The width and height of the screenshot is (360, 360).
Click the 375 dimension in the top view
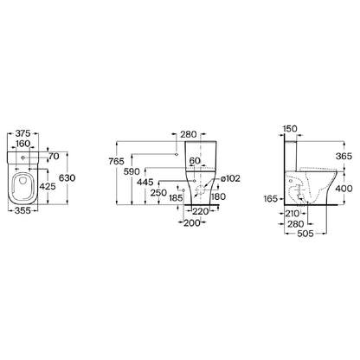(22, 133)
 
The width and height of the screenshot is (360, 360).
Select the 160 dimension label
(22, 144)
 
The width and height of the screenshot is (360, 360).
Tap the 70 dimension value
(54, 157)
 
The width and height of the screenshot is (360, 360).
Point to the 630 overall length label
(67, 178)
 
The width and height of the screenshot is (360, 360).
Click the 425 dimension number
(48, 187)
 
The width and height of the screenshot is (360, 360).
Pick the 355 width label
(22, 210)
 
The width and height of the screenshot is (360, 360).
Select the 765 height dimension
(116, 162)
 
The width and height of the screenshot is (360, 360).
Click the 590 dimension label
(132, 172)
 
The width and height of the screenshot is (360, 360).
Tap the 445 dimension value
(145, 183)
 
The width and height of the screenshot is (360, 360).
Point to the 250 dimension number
(158, 193)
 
